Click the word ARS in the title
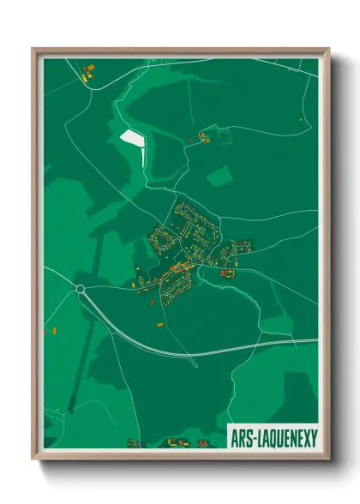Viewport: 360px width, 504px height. pos(242,437)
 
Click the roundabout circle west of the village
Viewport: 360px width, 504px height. pos(80,289)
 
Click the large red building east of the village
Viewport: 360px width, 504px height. pos(228,273)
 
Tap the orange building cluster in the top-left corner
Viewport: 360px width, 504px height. pos(86,73)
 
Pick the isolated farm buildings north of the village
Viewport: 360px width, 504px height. pos(204,135)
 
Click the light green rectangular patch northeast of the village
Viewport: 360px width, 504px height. pos(220,177)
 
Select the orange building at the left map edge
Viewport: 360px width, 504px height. pos(50,329)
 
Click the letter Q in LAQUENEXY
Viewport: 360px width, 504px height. pos(274,437)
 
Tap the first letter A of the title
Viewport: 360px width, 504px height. pos(234,437)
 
